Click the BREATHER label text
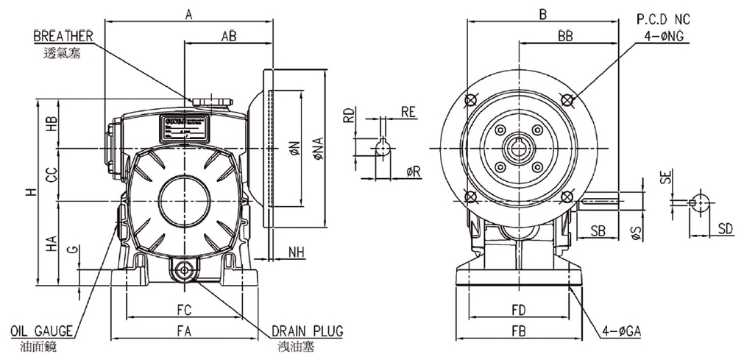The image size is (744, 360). [x=63, y=35]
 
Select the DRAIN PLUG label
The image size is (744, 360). [x=307, y=331]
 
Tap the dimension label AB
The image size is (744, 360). [x=229, y=35]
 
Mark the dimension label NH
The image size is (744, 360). [x=296, y=251]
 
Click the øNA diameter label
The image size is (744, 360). [x=318, y=149]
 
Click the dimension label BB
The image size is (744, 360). [x=565, y=35]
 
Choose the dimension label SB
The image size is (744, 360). [x=598, y=230]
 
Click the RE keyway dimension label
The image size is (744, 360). [x=408, y=111]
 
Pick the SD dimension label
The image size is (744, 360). [x=726, y=229]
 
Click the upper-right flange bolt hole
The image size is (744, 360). [x=567, y=99]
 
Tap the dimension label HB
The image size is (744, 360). [x=52, y=124]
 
